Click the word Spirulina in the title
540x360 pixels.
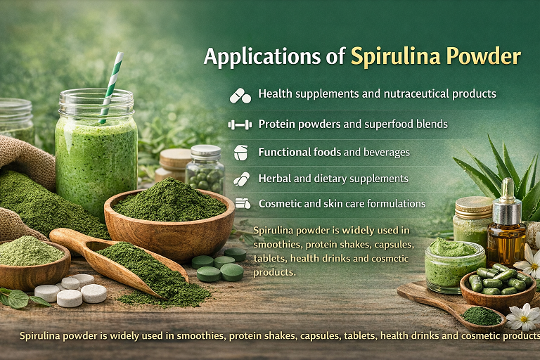(390, 57)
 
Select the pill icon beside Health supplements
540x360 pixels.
(240, 94)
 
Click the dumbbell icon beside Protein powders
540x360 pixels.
(240, 124)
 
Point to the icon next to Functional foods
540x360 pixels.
(240, 152)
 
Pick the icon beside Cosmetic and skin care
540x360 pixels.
(242, 204)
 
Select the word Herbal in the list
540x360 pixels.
(274, 179)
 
